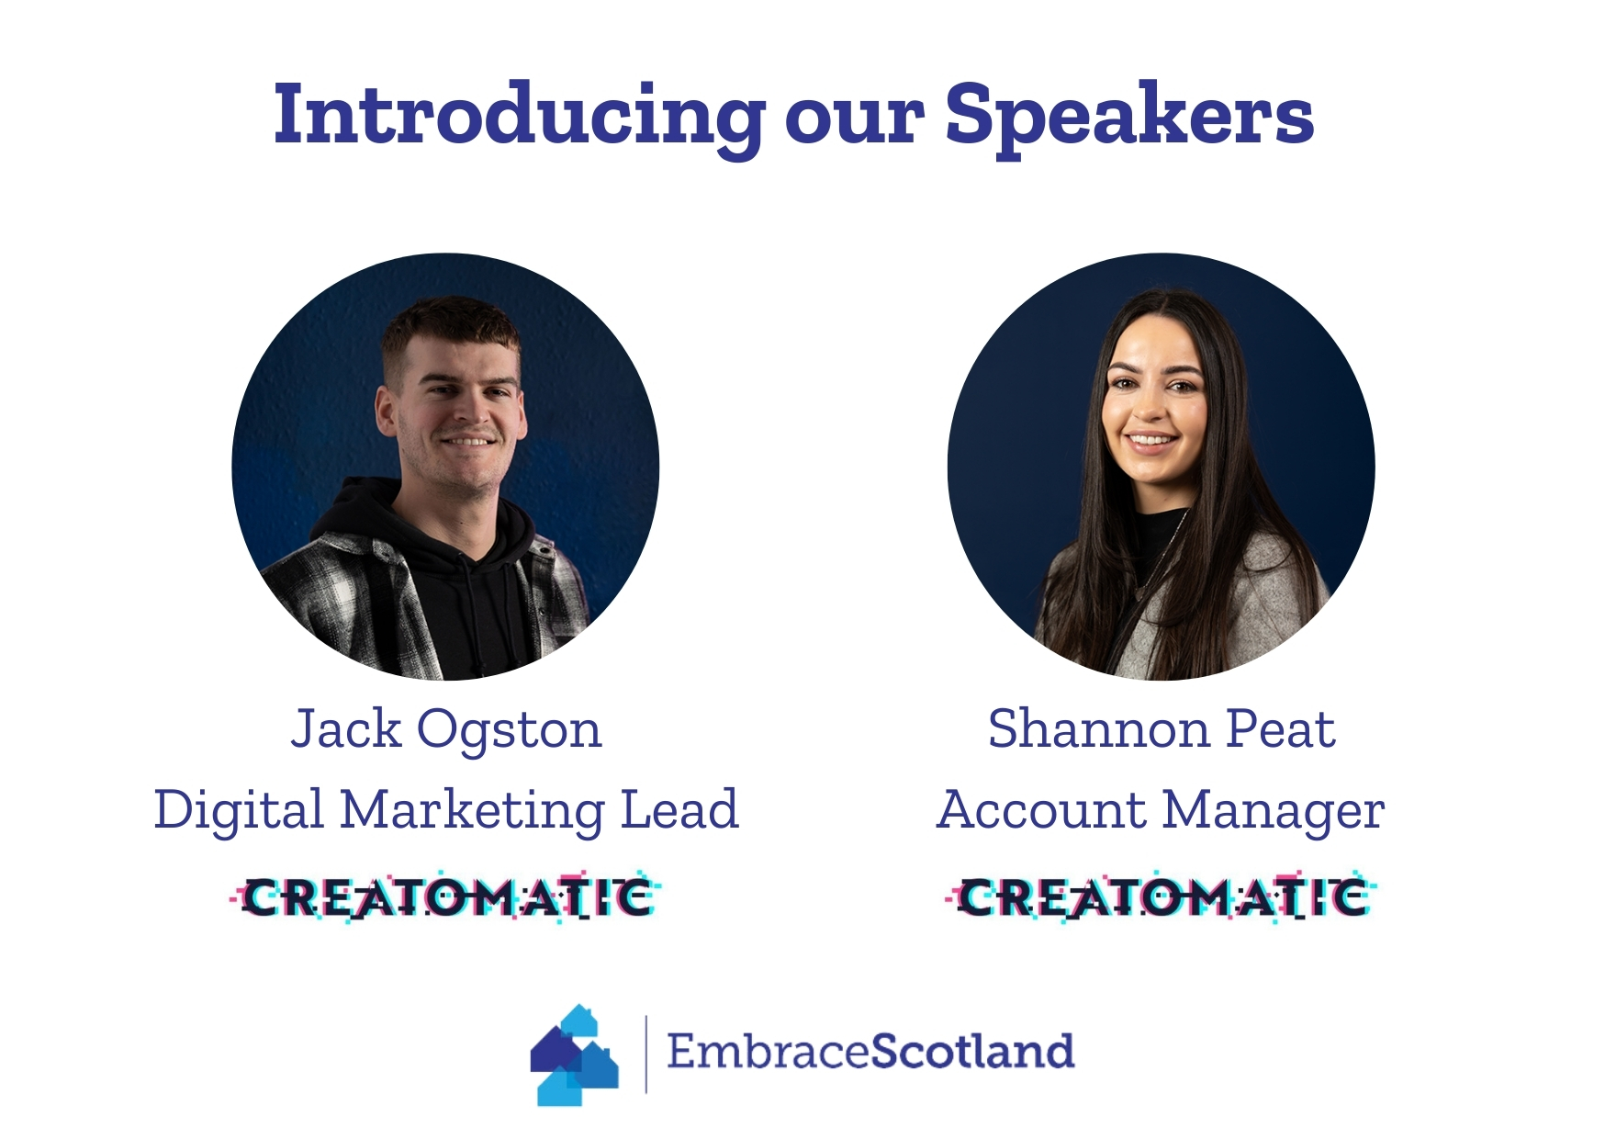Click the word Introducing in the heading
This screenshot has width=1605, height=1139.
(x=519, y=117)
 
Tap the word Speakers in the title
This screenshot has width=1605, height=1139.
(x=1129, y=117)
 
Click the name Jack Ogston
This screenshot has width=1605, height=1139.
(x=446, y=730)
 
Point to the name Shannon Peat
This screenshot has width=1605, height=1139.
(x=1162, y=729)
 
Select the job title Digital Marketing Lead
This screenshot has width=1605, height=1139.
(x=446, y=810)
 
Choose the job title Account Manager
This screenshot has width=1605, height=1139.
(x=1161, y=810)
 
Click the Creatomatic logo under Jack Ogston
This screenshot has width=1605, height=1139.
(x=445, y=897)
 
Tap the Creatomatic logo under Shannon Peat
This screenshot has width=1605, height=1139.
(x=1161, y=897)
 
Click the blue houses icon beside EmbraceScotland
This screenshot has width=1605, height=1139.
(x=575, y=1054)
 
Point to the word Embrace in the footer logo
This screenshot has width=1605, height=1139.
(x=768, y=1052)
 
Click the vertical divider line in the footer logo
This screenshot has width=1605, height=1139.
(x=646, y=1054)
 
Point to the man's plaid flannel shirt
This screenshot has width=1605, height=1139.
(x=331, y=597)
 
